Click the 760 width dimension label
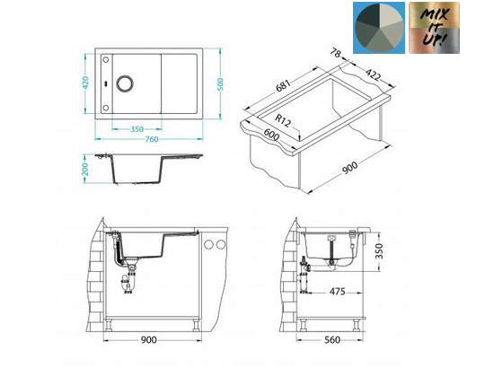152,139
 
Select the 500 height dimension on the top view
220,84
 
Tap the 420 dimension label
85,83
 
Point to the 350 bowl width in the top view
137,129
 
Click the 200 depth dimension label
85,170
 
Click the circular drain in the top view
125,83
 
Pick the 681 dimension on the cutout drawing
283,86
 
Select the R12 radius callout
283,120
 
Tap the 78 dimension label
335,53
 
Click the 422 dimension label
373,74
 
